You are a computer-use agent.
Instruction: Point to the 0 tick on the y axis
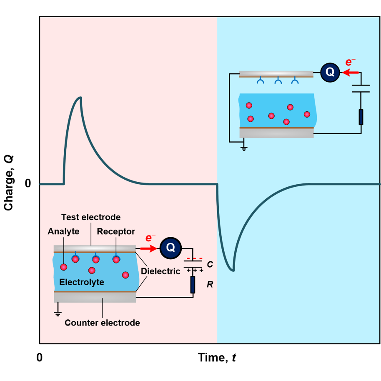click(28, 184)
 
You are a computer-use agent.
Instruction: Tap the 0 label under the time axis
click(40, 357)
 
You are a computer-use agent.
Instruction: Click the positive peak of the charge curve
click(80, 98)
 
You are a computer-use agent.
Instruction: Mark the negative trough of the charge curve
click(233, 271)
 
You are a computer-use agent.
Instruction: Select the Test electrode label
click(91, 217)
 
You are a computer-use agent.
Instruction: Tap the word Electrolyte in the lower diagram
click(82, 282)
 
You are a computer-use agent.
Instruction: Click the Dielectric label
click(160, 271)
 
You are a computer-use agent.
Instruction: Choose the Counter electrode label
click(102, 323)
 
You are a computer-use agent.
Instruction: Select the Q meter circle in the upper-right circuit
click(329, 72)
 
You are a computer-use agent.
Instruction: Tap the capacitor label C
click(210, 265)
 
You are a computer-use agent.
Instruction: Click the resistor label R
click(210, 285)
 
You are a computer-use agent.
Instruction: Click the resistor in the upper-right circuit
click(361, 117)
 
